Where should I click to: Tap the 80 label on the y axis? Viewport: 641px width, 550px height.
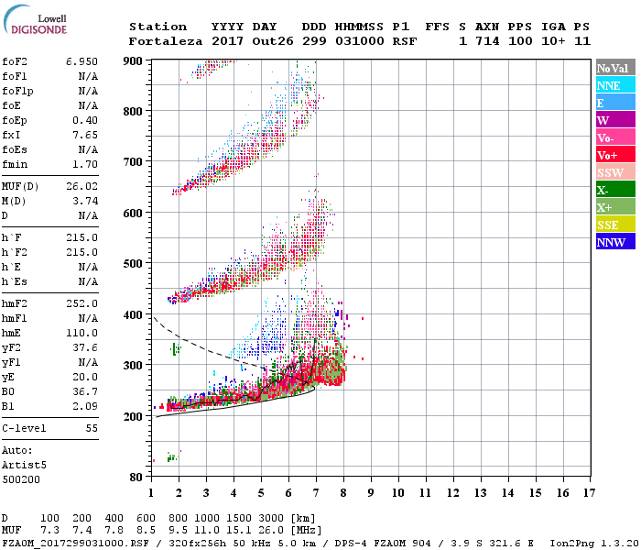(136, 477)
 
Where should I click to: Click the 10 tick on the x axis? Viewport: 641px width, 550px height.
(397, 493)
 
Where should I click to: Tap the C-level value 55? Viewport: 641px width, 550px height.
(91, 428)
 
